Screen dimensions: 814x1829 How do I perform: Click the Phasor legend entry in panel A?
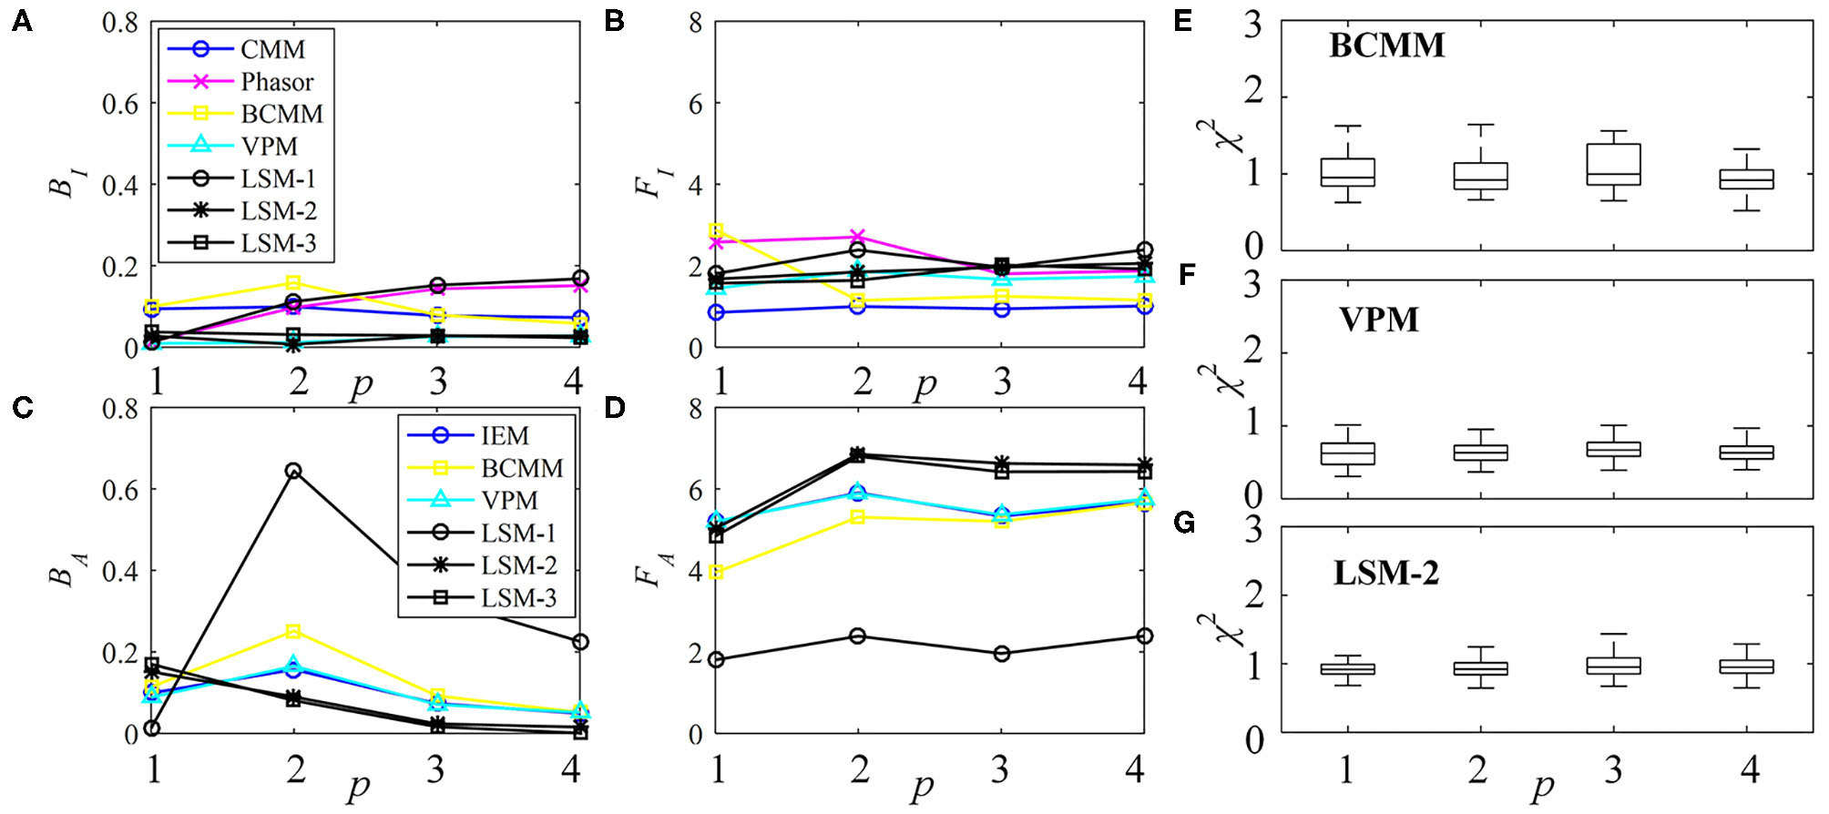click(276, 82)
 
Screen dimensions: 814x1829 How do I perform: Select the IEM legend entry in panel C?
click(505, 435)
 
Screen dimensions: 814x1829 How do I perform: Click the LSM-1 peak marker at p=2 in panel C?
click(293, 471)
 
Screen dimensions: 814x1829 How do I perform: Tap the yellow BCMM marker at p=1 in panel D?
click(717, 572)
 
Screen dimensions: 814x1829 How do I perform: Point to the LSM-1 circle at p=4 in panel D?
click(1144, 636)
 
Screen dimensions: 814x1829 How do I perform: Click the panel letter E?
click(1183, 21)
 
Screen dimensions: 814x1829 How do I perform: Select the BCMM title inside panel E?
click(1386, 46)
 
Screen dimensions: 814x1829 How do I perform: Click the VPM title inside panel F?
click(1379, 320)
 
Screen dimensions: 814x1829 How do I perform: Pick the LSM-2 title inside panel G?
click(1385, 573)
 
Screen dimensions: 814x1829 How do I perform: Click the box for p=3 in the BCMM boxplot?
click(1613, 165)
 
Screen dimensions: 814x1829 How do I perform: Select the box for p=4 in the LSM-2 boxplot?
click(1746, 666)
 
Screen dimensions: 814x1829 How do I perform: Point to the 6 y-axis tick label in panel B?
click(695, 104)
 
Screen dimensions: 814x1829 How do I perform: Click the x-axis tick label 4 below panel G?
click(1749, 770)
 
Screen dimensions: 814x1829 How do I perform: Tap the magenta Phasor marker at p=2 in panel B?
click(857, 237)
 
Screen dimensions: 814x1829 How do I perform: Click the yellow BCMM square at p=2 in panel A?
click(293, 283)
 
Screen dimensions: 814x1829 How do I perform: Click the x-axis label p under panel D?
click(924, 784)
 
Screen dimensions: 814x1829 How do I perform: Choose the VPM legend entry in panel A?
click(269, 147)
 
